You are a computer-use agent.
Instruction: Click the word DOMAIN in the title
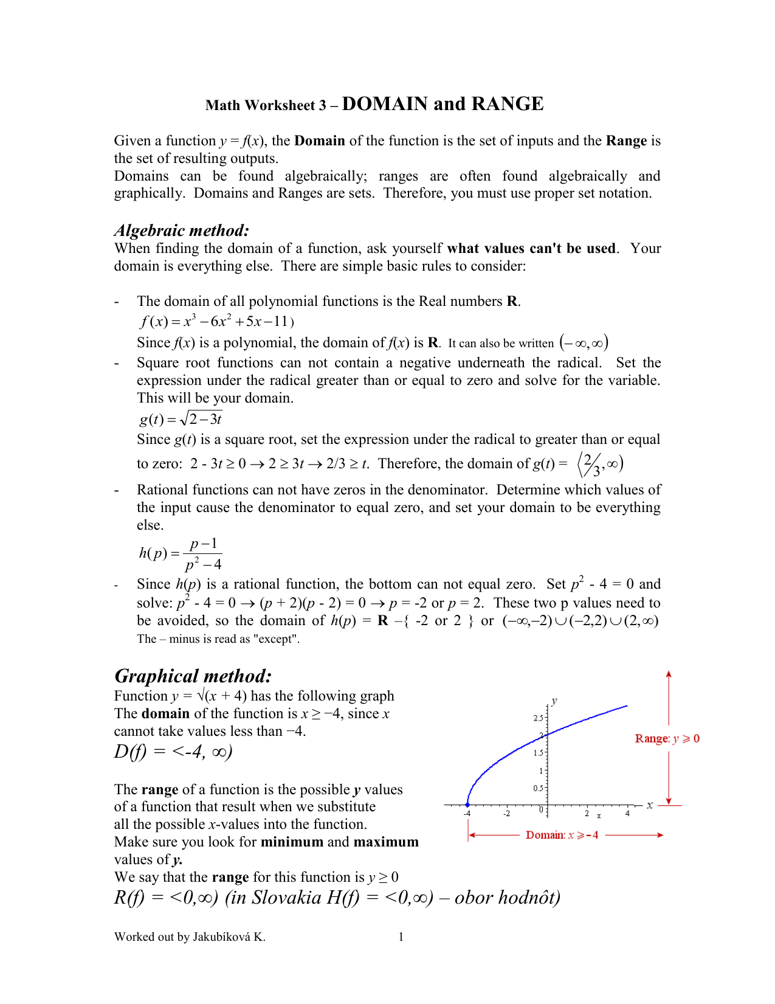click(x=385, y=104)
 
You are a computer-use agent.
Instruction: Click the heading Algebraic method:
click(x=182, y=230)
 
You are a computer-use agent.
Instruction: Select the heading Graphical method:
click(x=193, y=676)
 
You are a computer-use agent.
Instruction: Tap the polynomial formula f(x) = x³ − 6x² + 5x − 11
click(x=216, y=322)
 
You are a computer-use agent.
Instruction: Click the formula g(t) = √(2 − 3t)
click(x=181, y=419)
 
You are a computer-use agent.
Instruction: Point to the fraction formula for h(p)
click(x=181, y=553)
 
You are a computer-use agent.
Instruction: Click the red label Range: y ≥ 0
click(x=667, y=738)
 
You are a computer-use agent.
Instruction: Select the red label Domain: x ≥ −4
click(x=562, y=835)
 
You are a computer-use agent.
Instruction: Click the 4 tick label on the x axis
click(x=627, y=814)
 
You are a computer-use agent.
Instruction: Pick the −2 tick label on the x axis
click(x=506, y=814)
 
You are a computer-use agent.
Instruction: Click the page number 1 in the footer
click(x=401, y=936)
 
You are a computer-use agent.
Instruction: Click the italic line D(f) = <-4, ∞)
click(x=173, y=752)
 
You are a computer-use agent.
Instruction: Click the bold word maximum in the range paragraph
click(x=386, y=842)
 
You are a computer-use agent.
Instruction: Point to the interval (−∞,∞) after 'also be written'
click(x=584, y=343)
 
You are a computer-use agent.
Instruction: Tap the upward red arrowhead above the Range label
click(x=669, y=674)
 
